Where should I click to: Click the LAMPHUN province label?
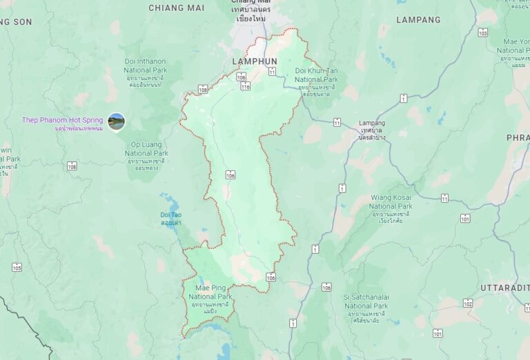click(x=255, y=61)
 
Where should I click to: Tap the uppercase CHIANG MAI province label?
click(x=177, y=8)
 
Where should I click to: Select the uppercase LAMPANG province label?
click(x=418, y=20)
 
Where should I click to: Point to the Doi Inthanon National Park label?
click(x=146, y=66)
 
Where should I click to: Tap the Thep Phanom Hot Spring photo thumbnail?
click(x=117, y=121)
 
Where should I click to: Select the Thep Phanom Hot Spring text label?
click(x=62, y=121)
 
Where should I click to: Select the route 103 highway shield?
click(x=482, y=32)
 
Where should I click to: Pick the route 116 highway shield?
click(x=246, y=86)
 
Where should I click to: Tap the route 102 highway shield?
click(x=468, y=303)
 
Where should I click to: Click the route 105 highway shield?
click(x=17, y=268)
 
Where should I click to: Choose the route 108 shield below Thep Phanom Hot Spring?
click(x=72, y=166)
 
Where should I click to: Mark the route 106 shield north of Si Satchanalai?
click(x=326, y=287)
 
